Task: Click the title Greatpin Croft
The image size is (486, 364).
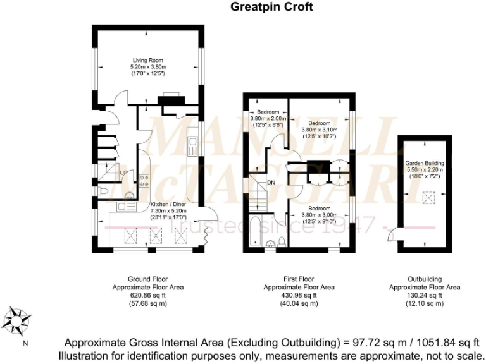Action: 271,8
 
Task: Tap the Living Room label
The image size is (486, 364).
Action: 148,61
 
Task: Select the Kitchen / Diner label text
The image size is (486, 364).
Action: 168,204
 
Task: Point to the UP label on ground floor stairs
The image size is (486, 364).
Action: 124,172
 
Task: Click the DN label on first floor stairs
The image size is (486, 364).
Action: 271,183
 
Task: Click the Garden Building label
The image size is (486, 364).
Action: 425,163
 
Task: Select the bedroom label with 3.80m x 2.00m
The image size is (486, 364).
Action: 269,112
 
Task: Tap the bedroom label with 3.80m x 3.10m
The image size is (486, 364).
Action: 319,123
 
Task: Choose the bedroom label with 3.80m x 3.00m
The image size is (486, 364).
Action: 319,208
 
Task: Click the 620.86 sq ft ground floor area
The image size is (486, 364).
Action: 148,295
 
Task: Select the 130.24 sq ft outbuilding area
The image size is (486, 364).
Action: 425,295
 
